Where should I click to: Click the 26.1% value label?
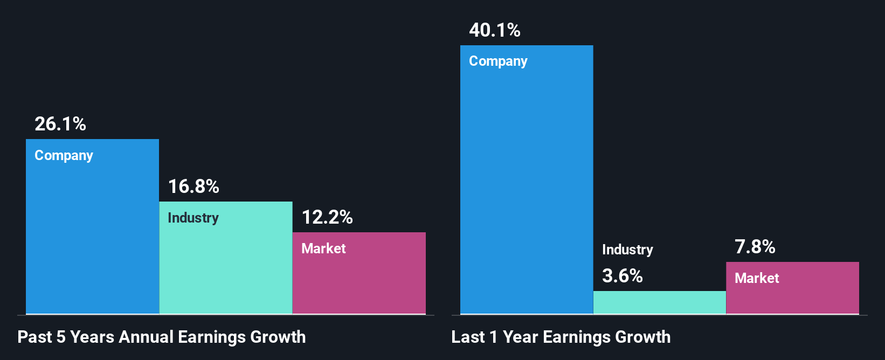point(60,124)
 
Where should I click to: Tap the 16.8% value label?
point(193,186)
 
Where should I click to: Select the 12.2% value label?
point(327,217)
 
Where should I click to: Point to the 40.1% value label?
point(495,30)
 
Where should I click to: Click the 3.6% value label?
point(623,276)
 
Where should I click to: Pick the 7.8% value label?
point(755,247)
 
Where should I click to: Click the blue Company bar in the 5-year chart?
point(92,237)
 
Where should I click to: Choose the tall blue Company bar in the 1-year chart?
point(527,189)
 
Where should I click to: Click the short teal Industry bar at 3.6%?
point(660,302)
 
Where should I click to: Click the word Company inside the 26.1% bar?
point(64,155)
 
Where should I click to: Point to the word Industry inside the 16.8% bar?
point(193,218)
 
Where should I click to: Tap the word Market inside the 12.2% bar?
point(323,248)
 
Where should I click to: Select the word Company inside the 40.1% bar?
point(498,61)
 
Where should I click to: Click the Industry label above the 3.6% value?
point(627,250)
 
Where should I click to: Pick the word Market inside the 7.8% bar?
point(757,278)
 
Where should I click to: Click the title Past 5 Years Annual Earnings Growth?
point(162,337)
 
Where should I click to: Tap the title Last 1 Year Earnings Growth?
point(561,337)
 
